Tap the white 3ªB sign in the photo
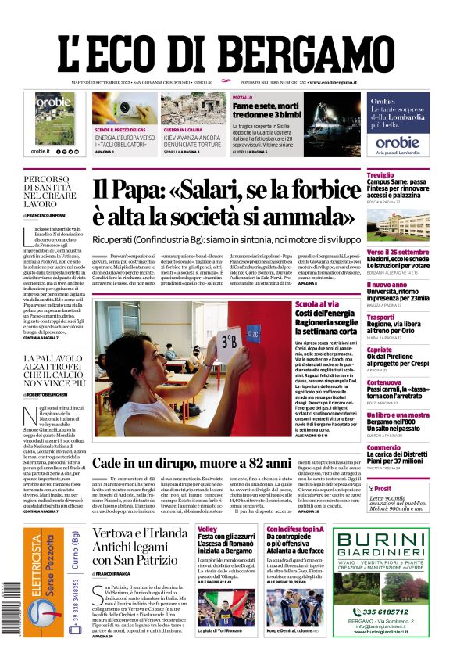coord(229,343)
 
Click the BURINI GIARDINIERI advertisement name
coord(382,539)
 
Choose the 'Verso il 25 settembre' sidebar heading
coord(398,253)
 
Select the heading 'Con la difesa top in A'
coord(295,529)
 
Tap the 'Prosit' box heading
coord(383,487)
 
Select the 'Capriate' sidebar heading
coord(380,350)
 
